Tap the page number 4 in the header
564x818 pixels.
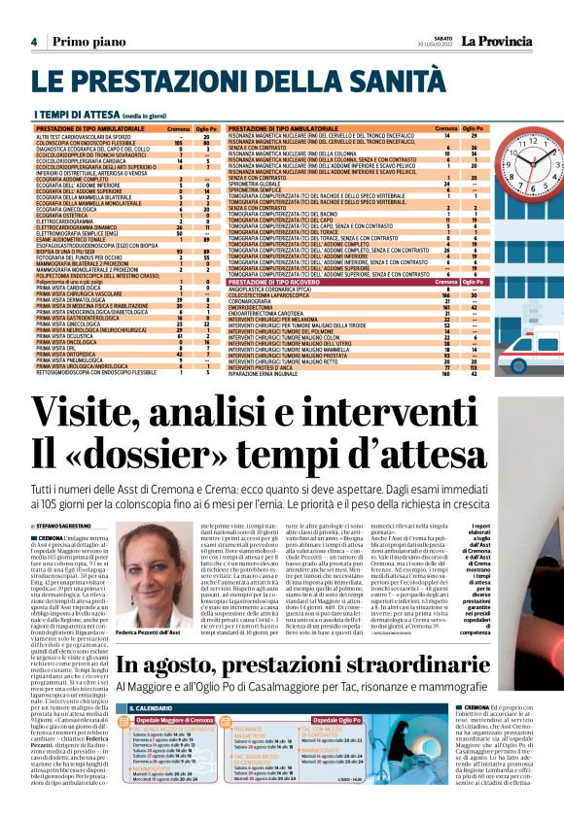34,42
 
